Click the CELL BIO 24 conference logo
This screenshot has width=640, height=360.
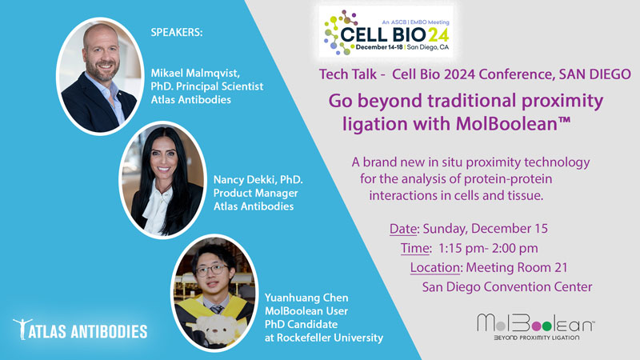(x=386, y=31)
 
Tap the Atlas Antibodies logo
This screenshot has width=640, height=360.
(x=80, y=329)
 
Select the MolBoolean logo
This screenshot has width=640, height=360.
(x=536, y=326)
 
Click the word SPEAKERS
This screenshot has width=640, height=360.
(x=177, y=32)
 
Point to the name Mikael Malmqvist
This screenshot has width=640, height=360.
(x=195, y=73)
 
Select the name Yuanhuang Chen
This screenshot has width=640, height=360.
(x=306, y=298)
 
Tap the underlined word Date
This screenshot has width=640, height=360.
(x=402, y=229)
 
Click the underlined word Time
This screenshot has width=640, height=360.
(x=414, y=248)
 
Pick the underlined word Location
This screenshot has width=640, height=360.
(x=434, y=267)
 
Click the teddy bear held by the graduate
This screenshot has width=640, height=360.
(x=211, y=329)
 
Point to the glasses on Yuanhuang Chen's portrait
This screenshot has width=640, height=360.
(x=211, y=270)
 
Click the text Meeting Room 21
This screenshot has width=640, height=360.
(x=517, y=267)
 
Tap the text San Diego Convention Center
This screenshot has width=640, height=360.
(x=507, y=287)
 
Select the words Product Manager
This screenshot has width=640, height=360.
(x=255, y=193)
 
